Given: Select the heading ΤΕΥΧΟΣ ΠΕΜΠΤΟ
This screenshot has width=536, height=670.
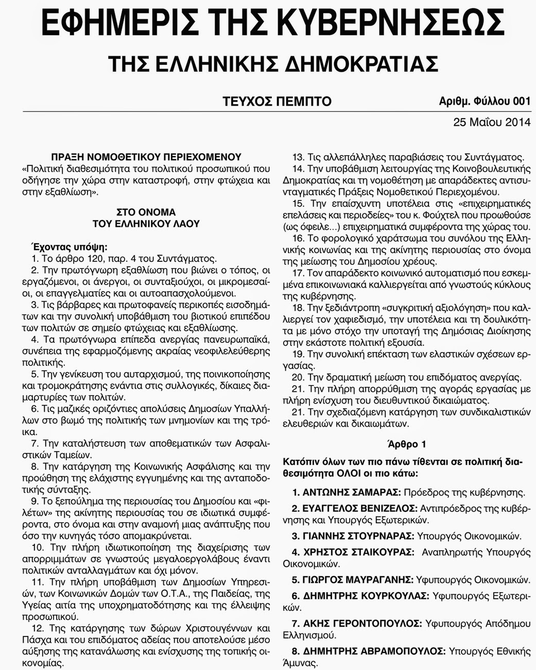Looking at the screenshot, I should click(277, 102).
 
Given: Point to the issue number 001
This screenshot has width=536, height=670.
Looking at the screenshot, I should click(521, 102).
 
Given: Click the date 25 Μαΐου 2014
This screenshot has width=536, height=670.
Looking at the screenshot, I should click(492, 123).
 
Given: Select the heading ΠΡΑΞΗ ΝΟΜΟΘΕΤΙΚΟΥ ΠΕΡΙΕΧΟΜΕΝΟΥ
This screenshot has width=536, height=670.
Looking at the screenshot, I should click(146, 157).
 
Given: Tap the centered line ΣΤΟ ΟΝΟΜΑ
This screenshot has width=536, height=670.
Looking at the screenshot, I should click(146, 212).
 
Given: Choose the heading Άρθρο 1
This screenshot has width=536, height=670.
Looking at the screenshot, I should click(406, 444).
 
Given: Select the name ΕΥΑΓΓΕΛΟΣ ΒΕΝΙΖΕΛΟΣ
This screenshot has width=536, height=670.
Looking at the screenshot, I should click(358, 508).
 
